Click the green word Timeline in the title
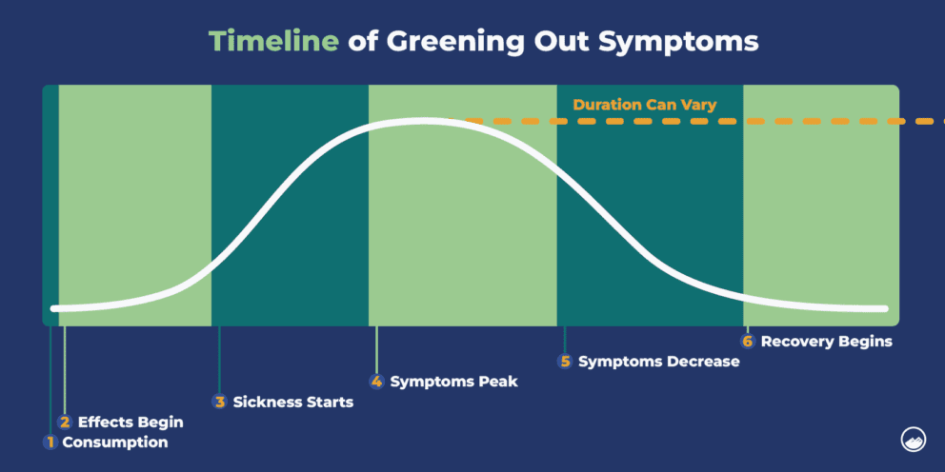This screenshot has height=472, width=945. click(x=271, y=42)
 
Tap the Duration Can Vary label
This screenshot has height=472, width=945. click(x=644, y=105)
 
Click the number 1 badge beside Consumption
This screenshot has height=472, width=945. click(x=50, y=442)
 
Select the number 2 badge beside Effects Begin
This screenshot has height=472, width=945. click(x=65, y=422)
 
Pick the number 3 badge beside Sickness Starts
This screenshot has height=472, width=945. click(x=220, y=402)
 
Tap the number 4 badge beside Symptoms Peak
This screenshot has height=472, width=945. click(x=377, y=382)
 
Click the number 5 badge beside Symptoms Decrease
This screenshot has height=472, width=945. click(x=565, y=362)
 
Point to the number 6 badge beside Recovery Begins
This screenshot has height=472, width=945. click(x=748, y=341)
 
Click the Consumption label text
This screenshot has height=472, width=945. click(x=114, y=442)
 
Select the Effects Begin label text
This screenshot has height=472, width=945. click(x=131, y=422)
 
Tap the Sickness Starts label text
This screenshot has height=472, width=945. click(x=292, y=402)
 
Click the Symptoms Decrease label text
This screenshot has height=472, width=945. click(x=658, y=362)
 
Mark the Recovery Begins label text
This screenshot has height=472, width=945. click(x=826, y=341)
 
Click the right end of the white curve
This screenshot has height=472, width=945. click(x=885, y=308)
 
